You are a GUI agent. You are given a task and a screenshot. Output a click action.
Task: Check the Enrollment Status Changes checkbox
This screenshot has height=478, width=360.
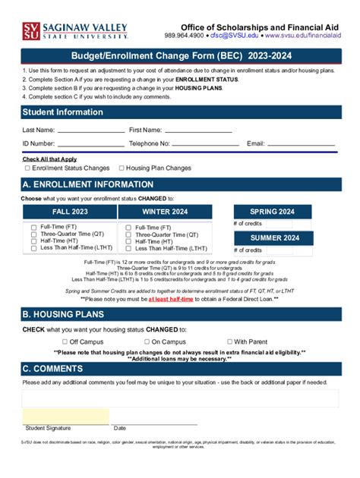tap(28, 168)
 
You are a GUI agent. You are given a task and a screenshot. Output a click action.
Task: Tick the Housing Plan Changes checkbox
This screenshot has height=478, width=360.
tap(122, 168)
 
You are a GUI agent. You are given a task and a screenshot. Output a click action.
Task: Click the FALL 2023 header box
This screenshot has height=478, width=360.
tap(70, 212)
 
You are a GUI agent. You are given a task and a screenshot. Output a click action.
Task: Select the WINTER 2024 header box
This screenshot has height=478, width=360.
tap(165, 212)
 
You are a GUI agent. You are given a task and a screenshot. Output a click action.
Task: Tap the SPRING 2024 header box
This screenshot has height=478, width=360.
tap(273, 212)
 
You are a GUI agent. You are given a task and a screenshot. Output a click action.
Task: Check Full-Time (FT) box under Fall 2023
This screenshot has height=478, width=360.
tap(33, 227)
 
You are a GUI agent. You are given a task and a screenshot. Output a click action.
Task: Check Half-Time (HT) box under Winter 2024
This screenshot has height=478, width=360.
tap(128, 241)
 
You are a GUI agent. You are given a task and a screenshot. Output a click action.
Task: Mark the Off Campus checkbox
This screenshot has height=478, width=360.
tap(63, 342)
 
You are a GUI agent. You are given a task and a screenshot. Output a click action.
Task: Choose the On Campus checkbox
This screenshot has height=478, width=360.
tap(147, 342)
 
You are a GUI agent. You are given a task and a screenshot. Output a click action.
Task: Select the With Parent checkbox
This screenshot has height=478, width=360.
tap(230, 342)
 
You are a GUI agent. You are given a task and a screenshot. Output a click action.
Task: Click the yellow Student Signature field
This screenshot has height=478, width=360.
tap(65, 416)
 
